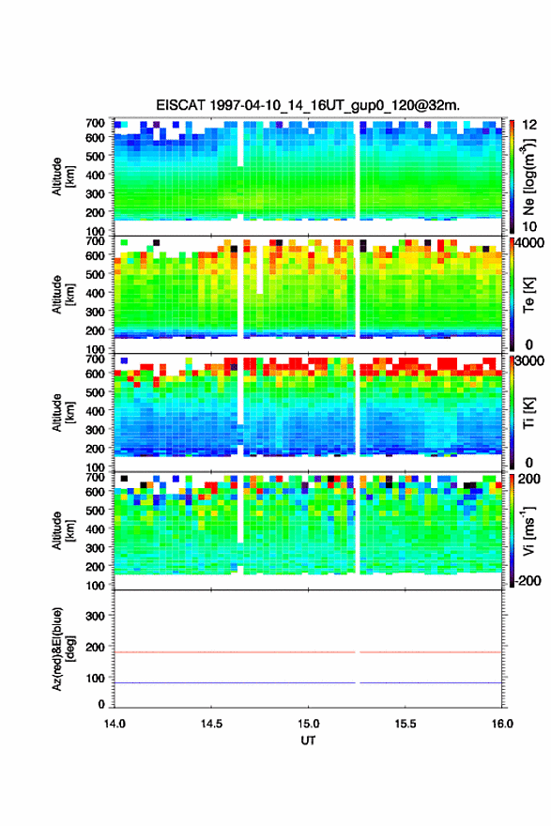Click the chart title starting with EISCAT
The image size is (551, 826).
coord(308,105)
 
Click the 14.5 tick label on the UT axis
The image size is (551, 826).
coord(211,724)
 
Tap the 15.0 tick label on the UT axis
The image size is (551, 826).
coord(308,724)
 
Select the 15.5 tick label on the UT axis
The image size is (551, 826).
coord(406,724)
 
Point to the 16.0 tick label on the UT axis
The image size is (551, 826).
coord(502,724)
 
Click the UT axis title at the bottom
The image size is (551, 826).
coord(308,741)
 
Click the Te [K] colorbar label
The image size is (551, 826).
coord(528,295)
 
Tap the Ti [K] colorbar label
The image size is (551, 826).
coord(528,413)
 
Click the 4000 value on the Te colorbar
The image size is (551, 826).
coord(529,243)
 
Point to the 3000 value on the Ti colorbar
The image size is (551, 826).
coord(529,361)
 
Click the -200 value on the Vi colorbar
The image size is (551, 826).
coord(528,580)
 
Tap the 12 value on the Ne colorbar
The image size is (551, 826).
coord(529,125)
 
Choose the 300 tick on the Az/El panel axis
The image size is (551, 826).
coord(95,616)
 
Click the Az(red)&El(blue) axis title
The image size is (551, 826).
coord(62,649)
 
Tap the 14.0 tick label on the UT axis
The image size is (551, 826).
coord(115,724)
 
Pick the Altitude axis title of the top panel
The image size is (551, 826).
coord(63,177)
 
